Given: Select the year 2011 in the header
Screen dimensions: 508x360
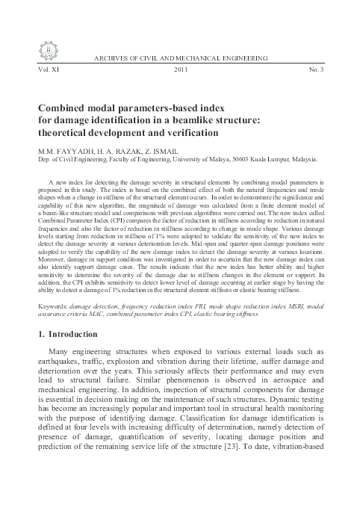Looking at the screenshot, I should [x=180, y=68].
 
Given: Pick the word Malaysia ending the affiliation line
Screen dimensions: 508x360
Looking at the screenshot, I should [x=302, y=158].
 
